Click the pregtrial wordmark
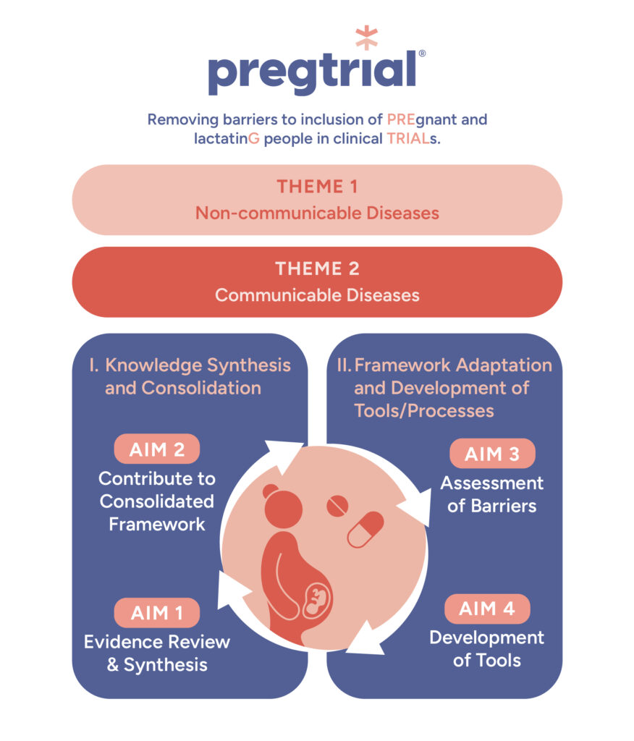pyautogui.click(x=312, y=72)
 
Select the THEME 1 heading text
pyautogui.click(x=317, y=187)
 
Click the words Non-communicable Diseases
pyautogui.click(x=317, y=213)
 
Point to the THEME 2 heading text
pyautogui.click(x=317, y=269)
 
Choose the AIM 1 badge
pyautogui.click(x=156, y=614)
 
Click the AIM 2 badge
pyautogui.click(x=156, y=449)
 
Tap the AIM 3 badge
pyautogui.click(x=492, y=454)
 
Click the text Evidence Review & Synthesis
pyautogui.click(x=157, y=653)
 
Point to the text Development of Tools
pyautogui.click(x=486, y=648)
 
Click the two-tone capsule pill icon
pyautogui.click(x=365, y=530)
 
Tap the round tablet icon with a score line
pyautogui.click(x=337, y=507)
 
